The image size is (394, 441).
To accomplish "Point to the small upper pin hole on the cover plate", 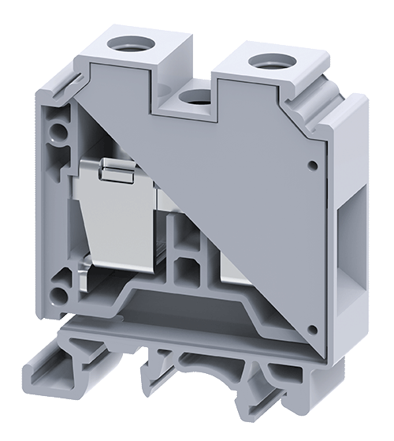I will point(313,166).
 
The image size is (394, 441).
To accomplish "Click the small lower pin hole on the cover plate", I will point(313,329).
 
